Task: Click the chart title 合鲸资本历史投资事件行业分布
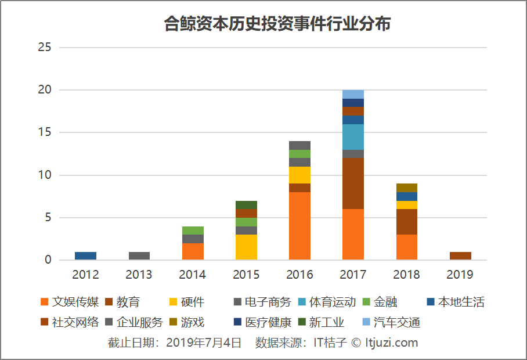277,24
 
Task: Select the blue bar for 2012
86,255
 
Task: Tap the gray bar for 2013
139,255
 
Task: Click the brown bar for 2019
460,255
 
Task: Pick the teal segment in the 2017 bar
353,137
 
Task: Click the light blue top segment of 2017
353,94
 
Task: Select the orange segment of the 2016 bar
299,226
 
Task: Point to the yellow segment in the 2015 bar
246,247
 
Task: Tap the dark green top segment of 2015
246,204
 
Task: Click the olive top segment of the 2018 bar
406,188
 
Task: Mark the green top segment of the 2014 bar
193,231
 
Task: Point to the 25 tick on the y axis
45,48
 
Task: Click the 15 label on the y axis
45,132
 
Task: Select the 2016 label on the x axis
299,275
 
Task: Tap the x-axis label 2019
460,275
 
